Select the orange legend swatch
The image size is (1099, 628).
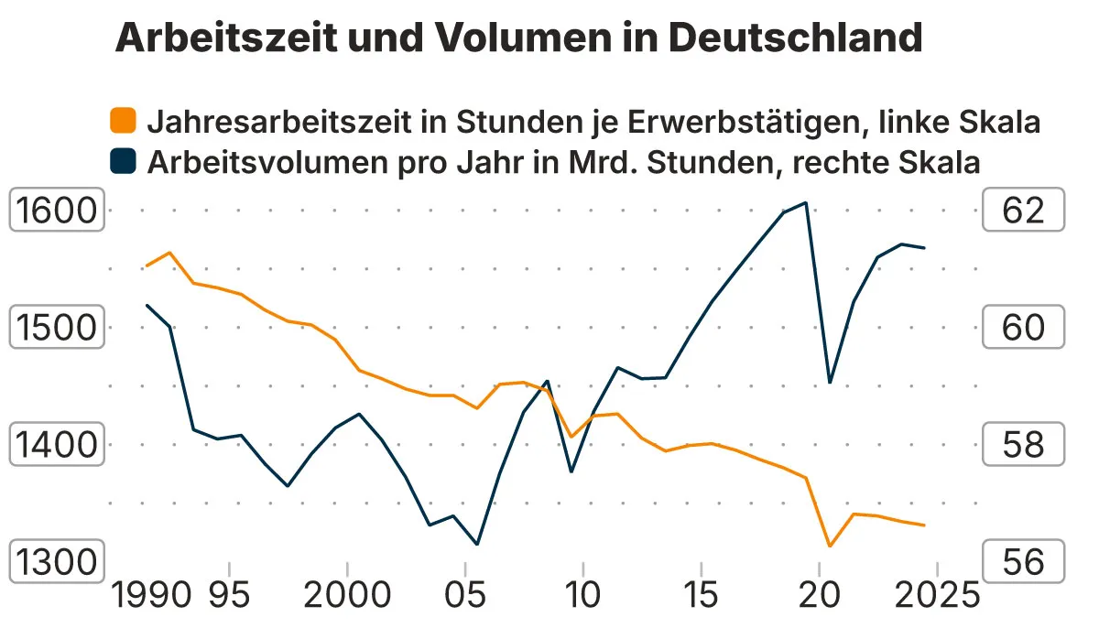coord(123,120)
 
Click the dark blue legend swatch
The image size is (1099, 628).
coord(123,162)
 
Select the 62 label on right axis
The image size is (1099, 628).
coord(1023,211)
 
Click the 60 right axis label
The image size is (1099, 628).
coord(1023,328)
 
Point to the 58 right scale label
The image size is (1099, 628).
coord(1023,445)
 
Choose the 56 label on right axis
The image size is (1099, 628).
coord(1023,561)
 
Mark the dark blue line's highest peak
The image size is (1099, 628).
coord(805,203)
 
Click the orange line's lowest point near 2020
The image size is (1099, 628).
coord(829,547)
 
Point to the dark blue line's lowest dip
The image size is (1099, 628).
coord(477,545)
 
